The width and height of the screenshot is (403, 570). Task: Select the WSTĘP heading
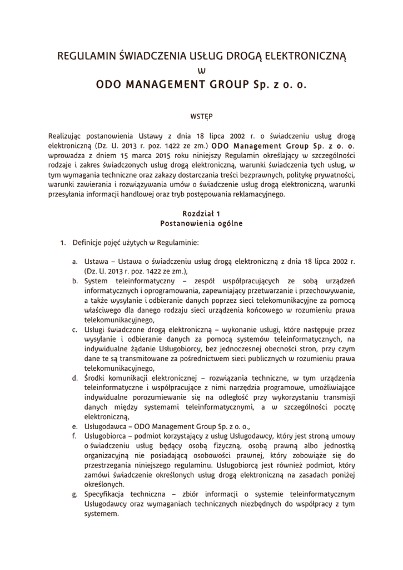[x=201, y=116]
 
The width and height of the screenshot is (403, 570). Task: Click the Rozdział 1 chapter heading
[x=201, y=213]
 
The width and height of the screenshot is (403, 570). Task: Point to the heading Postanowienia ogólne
[x=201, y=223]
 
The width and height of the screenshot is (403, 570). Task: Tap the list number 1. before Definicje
[x=63, y=243]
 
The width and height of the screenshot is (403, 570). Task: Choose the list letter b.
[x=74, y=281]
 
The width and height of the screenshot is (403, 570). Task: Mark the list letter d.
[x=74, y=379]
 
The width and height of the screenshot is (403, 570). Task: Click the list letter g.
[x=74, y=494]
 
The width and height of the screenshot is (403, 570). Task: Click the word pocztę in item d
[x=343, y=407]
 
